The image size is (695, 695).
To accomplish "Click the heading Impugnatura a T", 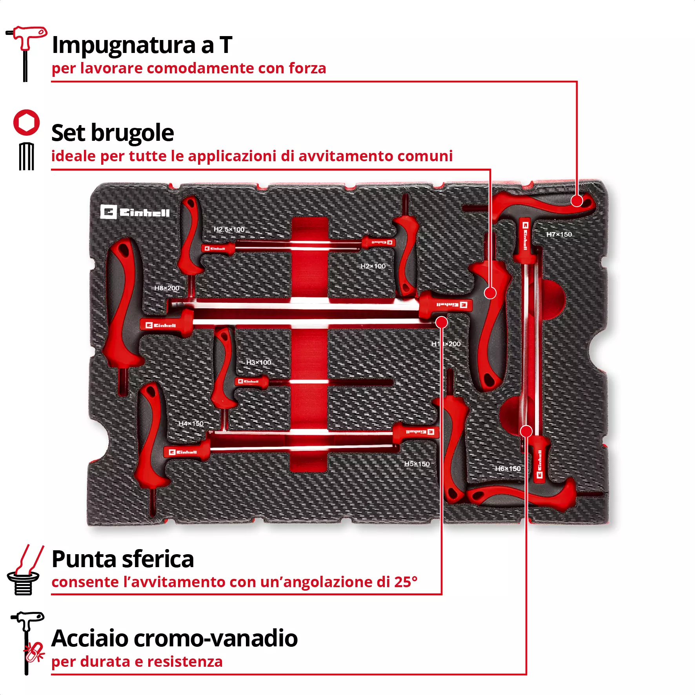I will tap(142, 45).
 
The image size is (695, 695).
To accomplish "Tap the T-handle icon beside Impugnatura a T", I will tap(26, 53).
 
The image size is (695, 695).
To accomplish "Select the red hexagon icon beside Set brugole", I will tap(27, 123).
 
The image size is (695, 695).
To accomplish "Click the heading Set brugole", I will tap(113, 133).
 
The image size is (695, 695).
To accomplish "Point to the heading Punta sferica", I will tap(123, 559).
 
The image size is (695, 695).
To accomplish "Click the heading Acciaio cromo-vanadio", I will tap(175, 638).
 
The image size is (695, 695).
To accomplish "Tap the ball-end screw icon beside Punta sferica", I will tap(24, 571).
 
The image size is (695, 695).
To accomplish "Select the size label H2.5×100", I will tap(229, 229).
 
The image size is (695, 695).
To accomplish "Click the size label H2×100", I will tap(373, 266).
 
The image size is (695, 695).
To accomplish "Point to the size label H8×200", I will tap(167, 288).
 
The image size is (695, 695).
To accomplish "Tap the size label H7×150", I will tap(559, 235).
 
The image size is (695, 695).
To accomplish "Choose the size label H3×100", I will tap(258, 362).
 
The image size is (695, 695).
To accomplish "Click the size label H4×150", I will tap(191, 424).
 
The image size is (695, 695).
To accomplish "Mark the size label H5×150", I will tap(417, 464).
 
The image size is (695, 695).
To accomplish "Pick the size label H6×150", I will tap(508, 469).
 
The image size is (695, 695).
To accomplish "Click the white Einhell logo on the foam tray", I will tap(135, 212).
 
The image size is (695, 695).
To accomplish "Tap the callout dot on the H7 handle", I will tap(577, 201).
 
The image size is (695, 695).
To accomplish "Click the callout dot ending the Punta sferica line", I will tap(442, 322).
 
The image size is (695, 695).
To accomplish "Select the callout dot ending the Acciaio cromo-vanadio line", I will tap(526, 431).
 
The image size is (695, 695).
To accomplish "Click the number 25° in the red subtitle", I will tap(406, 582).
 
